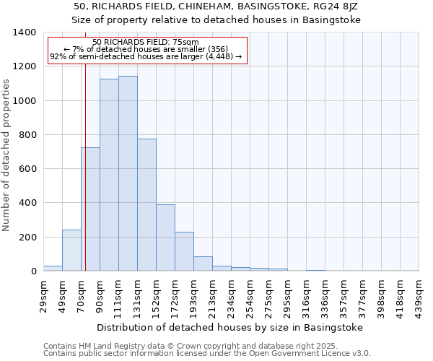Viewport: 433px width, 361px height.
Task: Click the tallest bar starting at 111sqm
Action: (x=128, y=173)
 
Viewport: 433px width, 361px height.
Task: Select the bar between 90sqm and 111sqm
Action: (x=109, y=175)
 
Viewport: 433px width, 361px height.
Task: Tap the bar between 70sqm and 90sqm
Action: (x=90, y=209)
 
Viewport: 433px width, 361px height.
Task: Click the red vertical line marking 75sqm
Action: (x=85, y=166)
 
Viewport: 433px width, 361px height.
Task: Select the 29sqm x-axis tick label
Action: (x=43, y=296)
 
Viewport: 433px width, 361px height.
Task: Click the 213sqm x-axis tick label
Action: (x=212, y=296)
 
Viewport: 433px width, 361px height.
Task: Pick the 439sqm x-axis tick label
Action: (x=419, y=296)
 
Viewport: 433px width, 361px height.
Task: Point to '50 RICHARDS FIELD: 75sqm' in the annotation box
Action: (x=146, y=43)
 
